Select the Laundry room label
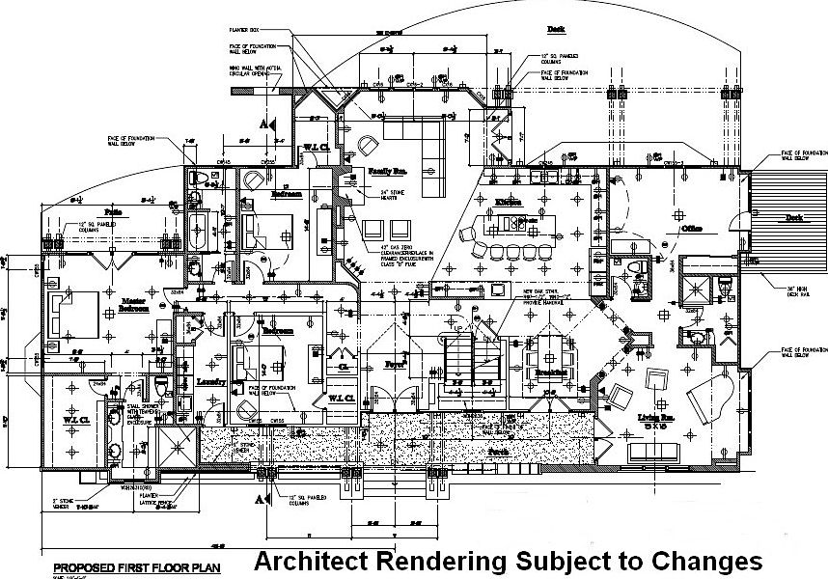(x=211, y=382)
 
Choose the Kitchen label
(x=509, y=202)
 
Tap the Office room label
(x=690, y=228)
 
